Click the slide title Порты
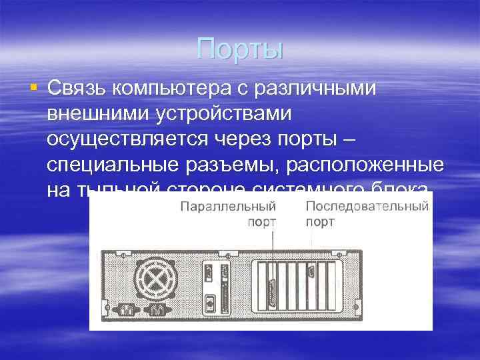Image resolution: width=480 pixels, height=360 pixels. click(240, 49)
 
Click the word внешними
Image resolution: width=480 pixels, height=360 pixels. click(98, 114)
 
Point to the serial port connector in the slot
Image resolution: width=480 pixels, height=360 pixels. click(311, 273)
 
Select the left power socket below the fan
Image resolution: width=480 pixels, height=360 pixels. click(125, 309)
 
